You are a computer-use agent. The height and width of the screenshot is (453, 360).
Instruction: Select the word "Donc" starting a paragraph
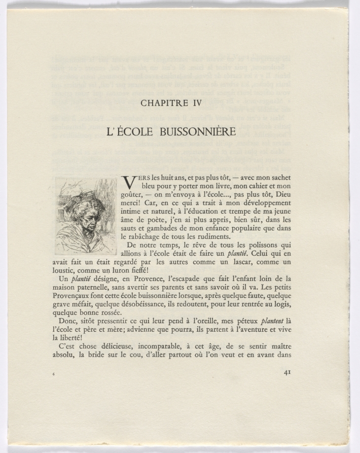pyautogui.click(x=69, y=321)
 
